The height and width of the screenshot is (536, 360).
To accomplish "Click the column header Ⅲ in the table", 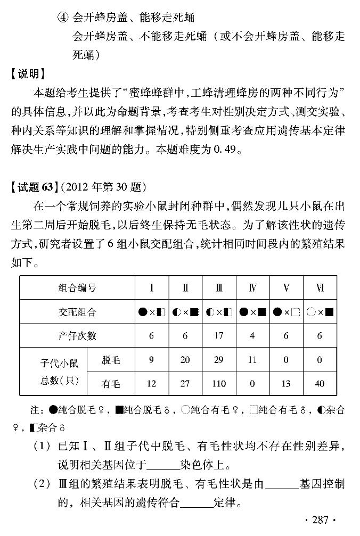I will point(219,288).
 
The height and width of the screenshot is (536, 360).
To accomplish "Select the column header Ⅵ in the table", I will point(320,288).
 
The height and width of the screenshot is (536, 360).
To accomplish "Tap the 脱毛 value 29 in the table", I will point(219,360).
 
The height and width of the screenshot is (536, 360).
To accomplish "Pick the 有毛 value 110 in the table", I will point(219,384).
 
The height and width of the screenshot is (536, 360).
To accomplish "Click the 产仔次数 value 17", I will point(219,336).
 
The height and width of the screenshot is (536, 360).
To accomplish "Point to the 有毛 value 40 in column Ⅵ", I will point(320,384).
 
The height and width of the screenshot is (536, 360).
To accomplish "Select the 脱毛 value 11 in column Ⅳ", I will point(252,360).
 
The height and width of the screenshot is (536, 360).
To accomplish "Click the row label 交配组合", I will point(77,312).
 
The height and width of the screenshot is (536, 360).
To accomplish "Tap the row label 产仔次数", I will point(77,336).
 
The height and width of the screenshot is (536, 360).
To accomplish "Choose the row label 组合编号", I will point(77,288).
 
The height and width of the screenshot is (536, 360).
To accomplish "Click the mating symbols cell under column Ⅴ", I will point(287,312).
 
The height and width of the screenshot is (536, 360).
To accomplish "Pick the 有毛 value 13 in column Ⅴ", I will point(287,384).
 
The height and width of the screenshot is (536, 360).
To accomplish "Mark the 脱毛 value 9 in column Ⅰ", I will point(151,360).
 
